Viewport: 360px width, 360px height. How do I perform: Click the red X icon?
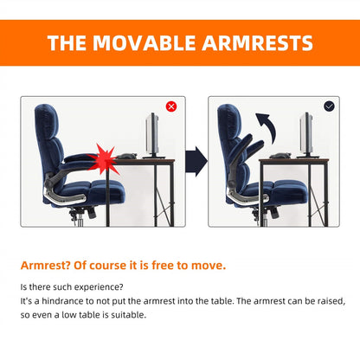click(170, 106)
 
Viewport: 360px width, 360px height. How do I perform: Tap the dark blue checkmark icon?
click(329, 106)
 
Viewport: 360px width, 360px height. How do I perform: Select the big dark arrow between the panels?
click(198, 161)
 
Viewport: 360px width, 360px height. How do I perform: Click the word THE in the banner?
click(66, 43)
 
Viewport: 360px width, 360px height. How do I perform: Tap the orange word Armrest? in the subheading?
click(45, 265)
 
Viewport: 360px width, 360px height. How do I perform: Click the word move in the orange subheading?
click(211, 265)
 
